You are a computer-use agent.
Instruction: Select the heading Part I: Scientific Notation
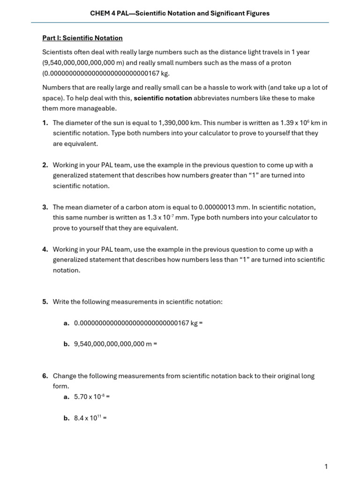[x=82, y=38]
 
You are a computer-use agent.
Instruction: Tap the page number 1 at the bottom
[x=326, y=466]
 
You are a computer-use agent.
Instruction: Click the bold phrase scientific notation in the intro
[x=163, y=98]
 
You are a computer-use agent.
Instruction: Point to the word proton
[x=281, y=63]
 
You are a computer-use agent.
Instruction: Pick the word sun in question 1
[x=119, y=123]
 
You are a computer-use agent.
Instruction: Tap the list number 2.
[x=45, y=165]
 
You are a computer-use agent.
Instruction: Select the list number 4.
[x=45, y=249]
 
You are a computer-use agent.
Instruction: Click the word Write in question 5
[x=62, y=302]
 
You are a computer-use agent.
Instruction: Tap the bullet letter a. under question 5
[x=66, y=323]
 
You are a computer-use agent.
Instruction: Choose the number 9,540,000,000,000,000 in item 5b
[x=109, y=344]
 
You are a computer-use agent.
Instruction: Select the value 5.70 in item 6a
[x=81, y=397]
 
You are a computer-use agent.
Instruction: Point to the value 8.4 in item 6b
[x=78, y=418]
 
